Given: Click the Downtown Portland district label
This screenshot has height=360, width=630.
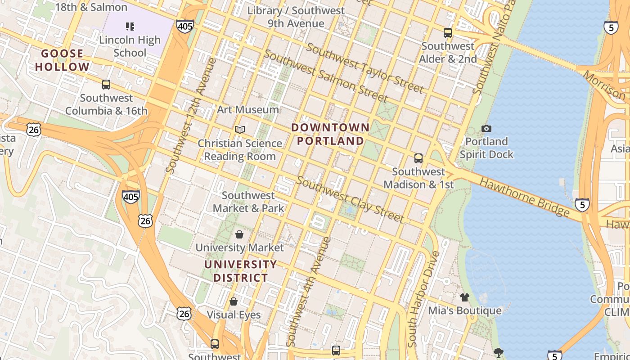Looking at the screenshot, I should point(330,134).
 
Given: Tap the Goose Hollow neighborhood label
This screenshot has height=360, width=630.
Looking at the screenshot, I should point(63,60).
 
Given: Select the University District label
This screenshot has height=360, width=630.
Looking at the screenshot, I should point(240,271).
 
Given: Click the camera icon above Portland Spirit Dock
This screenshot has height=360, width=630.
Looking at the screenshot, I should point(486,129).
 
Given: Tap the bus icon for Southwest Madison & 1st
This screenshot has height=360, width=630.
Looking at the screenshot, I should point(418,158).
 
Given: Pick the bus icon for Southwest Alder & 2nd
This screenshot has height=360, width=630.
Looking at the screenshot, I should point(447,33).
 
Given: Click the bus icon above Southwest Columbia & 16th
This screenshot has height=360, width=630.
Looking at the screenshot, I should point(106,85).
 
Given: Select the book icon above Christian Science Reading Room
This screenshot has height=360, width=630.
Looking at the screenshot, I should point(240,130).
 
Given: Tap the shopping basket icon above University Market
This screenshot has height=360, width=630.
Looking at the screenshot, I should point(239,234).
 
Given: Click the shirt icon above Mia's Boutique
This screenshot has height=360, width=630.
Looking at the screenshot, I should point(464,297).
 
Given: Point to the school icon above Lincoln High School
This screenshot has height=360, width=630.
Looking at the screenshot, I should point(130,27).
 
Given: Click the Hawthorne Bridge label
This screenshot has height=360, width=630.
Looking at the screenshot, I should point(525,197).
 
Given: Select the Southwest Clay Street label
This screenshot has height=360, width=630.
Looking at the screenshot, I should point(350,200).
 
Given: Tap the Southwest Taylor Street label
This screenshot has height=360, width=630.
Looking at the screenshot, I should point(365,69).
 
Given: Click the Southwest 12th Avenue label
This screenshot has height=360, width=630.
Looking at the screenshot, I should point(191,115).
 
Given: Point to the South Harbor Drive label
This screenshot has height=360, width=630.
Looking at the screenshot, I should point(423,299).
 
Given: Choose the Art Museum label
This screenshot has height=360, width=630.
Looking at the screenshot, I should point(248,109).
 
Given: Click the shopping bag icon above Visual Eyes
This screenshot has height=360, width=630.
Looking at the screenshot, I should point(233,301).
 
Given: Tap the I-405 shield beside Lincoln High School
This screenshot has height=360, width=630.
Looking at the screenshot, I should point(185,26).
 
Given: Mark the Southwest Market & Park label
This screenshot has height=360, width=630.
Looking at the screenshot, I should point(248,202).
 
